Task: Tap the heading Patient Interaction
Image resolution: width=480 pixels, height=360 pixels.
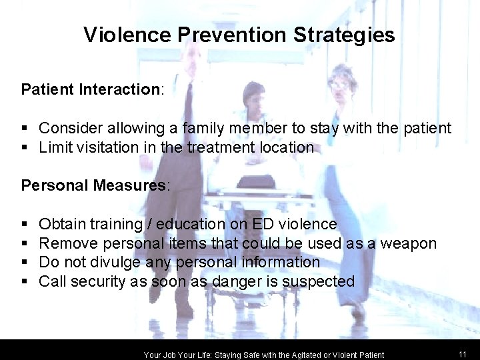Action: pos(90,89)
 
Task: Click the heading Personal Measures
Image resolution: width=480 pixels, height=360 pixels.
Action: pos(94,185)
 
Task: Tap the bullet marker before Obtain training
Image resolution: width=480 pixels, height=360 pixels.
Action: pos(25,225)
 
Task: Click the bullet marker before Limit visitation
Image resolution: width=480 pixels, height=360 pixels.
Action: pos(25,147)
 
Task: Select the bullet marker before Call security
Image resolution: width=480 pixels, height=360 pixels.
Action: pos(25,282)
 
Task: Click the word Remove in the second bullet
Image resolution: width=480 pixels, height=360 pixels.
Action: pos(67,243)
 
